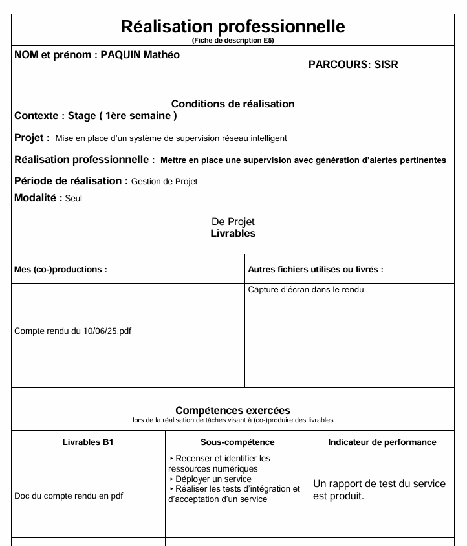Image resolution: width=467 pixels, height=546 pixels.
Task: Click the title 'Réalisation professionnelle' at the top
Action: [233, 27]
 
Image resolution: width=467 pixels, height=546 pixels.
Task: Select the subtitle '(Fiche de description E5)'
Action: [233, 40]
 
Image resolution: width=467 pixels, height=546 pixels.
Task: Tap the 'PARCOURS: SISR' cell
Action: [353, 64]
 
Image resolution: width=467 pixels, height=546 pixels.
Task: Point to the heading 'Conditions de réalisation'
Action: [233, 104]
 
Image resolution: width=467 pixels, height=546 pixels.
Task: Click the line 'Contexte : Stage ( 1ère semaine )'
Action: [95, 116]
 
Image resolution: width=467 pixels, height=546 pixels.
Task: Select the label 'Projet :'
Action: [32, 138]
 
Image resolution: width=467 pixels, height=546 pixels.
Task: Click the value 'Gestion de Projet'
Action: [164, 182]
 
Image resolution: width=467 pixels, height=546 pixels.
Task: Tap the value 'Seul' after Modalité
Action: [74, 199]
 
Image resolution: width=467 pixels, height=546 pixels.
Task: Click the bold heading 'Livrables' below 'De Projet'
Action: [233, 234]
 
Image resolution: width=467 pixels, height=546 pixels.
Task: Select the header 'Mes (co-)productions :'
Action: [60, 270]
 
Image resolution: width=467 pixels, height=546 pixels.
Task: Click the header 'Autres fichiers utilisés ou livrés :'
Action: [316, 270]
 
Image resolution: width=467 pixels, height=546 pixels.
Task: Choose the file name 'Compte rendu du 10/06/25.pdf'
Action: [72, 331]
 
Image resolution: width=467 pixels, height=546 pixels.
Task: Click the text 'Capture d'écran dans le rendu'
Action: [306, 290]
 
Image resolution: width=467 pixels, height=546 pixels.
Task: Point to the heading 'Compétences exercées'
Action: [233, 410]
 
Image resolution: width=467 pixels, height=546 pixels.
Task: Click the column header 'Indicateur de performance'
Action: [382, 442]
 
